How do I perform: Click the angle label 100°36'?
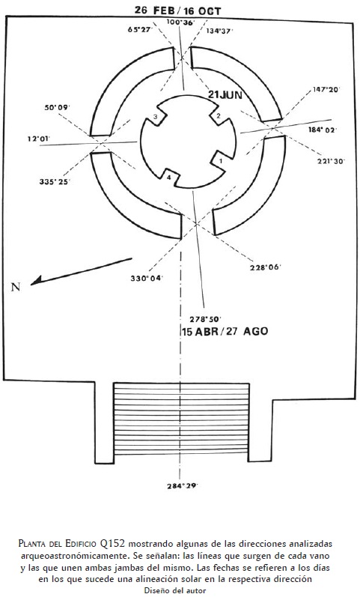(x=180, y=22)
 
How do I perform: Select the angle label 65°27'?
(x=141, y=29)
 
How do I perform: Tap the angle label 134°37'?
(x=219, y=31)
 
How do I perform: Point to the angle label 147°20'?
(x=326, y=89)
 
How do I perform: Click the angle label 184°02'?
(x=323, y=130)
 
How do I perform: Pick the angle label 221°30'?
(x=331, y=161)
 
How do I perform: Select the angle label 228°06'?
(x=265, y=267)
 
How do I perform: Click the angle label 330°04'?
(x=147, y=279)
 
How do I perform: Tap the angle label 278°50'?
(x=206, y=319)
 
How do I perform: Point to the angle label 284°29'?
(x=183, y=486)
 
